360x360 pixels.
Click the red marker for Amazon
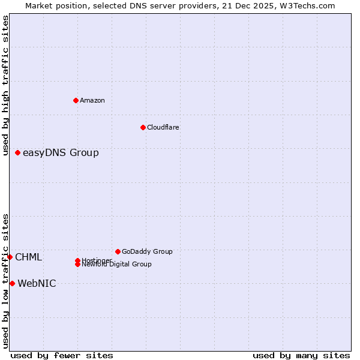[x=76, y=100]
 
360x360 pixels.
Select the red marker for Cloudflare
[x=143, y=127]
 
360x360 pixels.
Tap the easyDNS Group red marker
[x=18, y=153]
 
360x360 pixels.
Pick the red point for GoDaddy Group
[x=118, y=251]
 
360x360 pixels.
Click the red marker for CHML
[x=10, y=257]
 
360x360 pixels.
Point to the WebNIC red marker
[x=12, y=283]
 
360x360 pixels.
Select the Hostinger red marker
[x=77, y=260]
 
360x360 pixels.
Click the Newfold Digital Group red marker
[x=77, y=264]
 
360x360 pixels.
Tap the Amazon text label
[x=92, y=100]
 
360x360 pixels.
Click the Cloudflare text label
[x=163, y=127]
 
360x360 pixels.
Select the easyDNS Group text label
[x=61, y=153]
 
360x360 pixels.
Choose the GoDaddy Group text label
[x=147, y=251]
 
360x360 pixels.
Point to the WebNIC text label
[x=37, y=284]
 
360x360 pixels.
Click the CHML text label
[x=28, y=257]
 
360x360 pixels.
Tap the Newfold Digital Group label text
[x=116, y=265]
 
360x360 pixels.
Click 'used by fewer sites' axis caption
[x=62, y=355]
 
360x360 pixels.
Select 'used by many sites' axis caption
[x=301, y=355]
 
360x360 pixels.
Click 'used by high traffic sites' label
[x=5, y=86]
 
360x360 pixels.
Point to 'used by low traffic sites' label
[x=5, y=281]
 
